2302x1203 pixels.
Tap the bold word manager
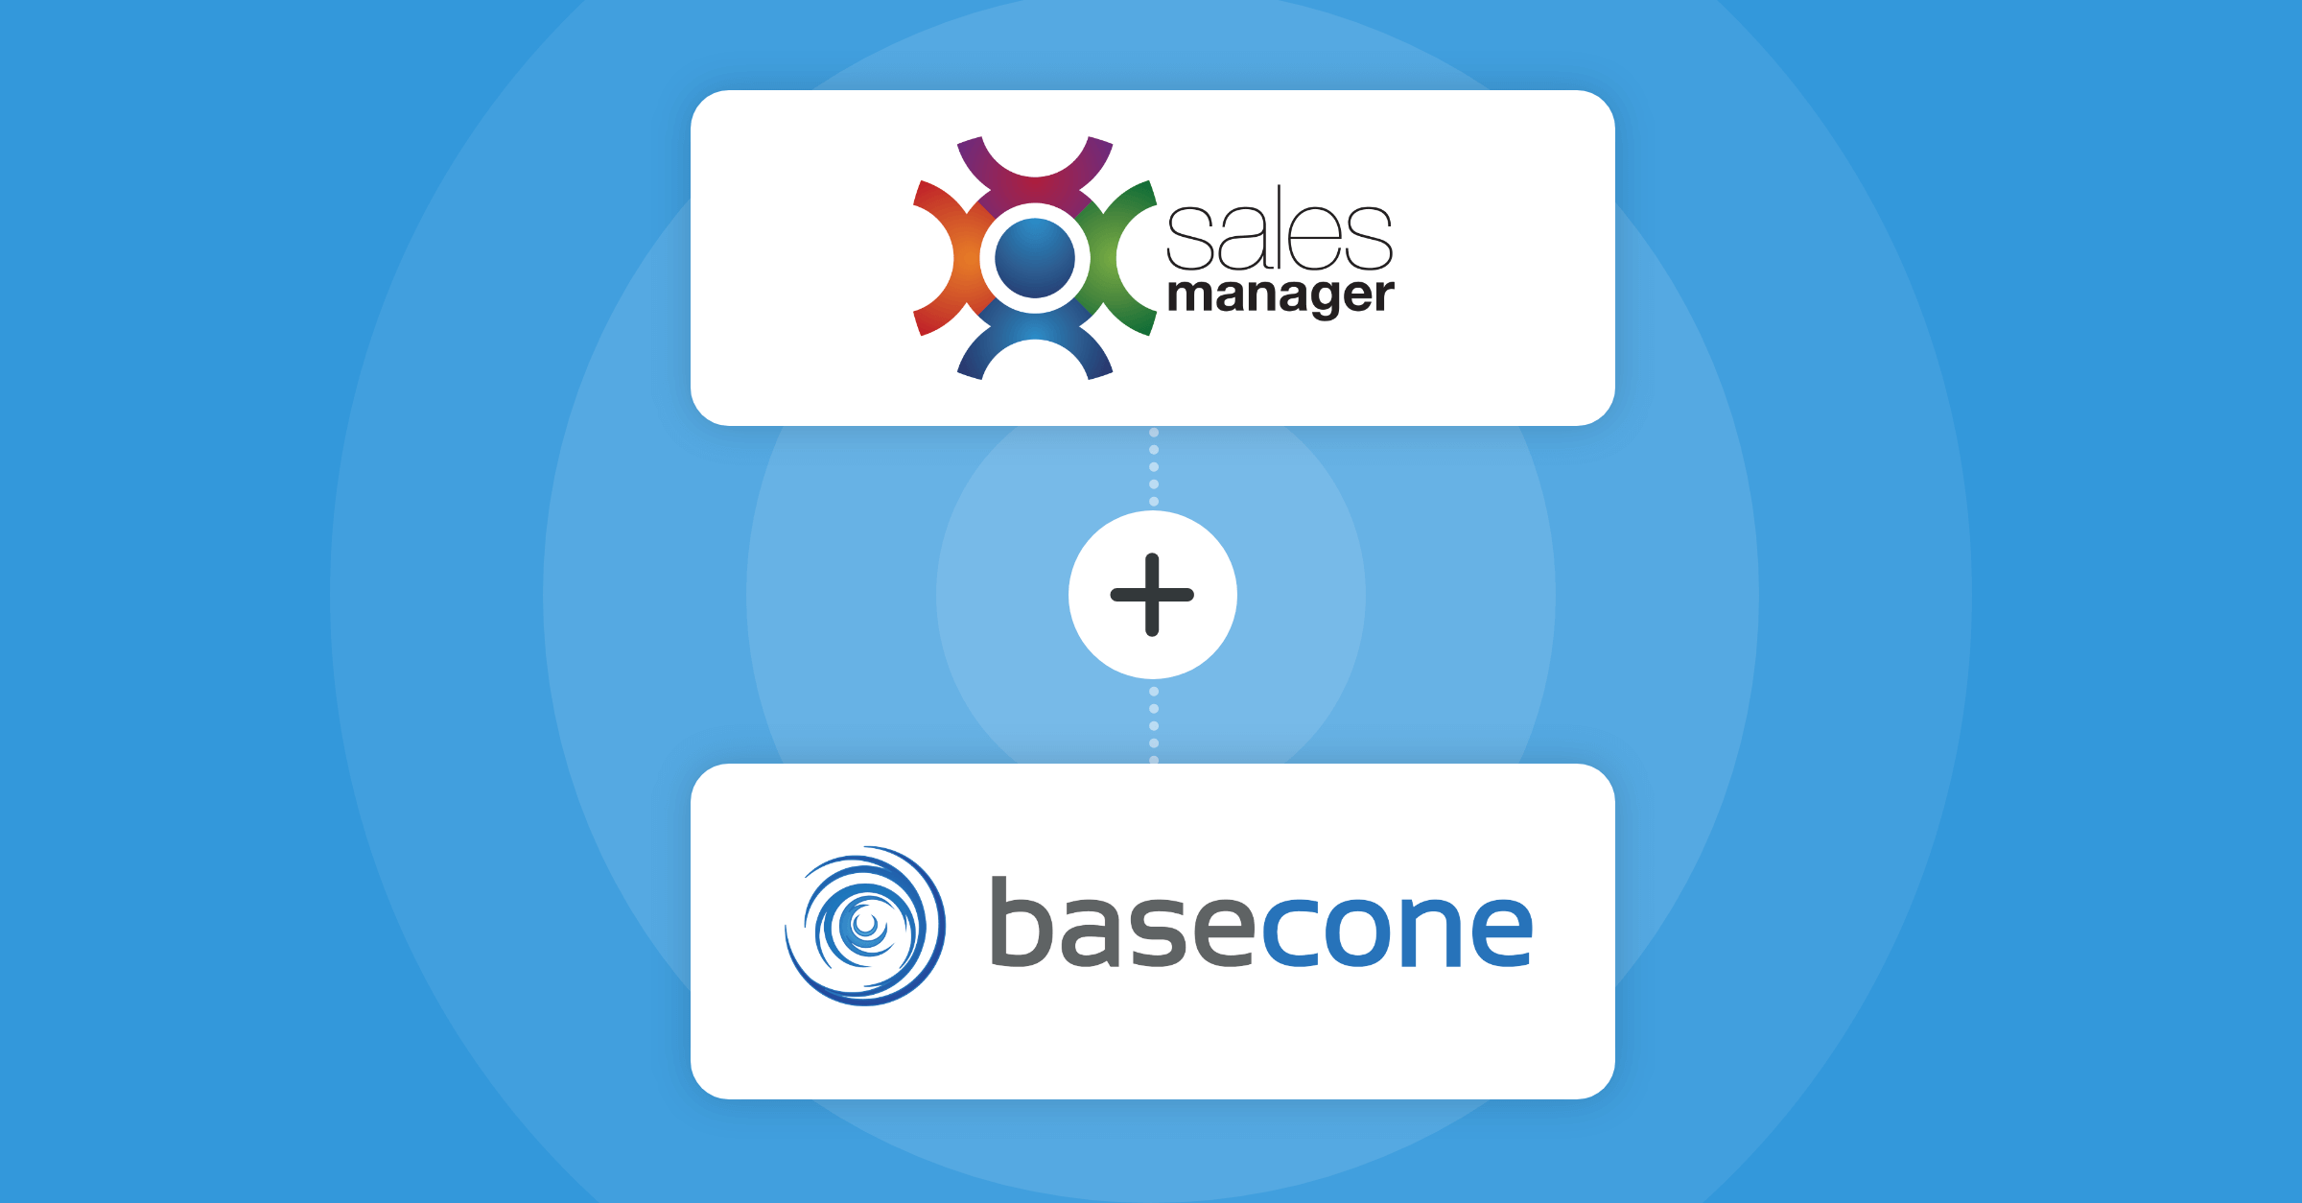click(1280, 295)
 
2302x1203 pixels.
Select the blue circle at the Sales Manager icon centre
click(1034, 258)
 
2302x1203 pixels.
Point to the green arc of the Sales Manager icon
click(1122, 258)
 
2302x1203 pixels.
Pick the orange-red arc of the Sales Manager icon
click(945, 258)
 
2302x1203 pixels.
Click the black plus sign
click(1152, 595)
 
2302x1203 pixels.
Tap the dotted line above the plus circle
click(1154, 467)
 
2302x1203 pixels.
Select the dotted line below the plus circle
click(1154, 725)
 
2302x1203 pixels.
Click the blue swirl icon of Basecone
click(865, 926)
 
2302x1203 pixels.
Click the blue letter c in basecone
click(1289, 931)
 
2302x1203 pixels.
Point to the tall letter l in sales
click(1280, 228)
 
